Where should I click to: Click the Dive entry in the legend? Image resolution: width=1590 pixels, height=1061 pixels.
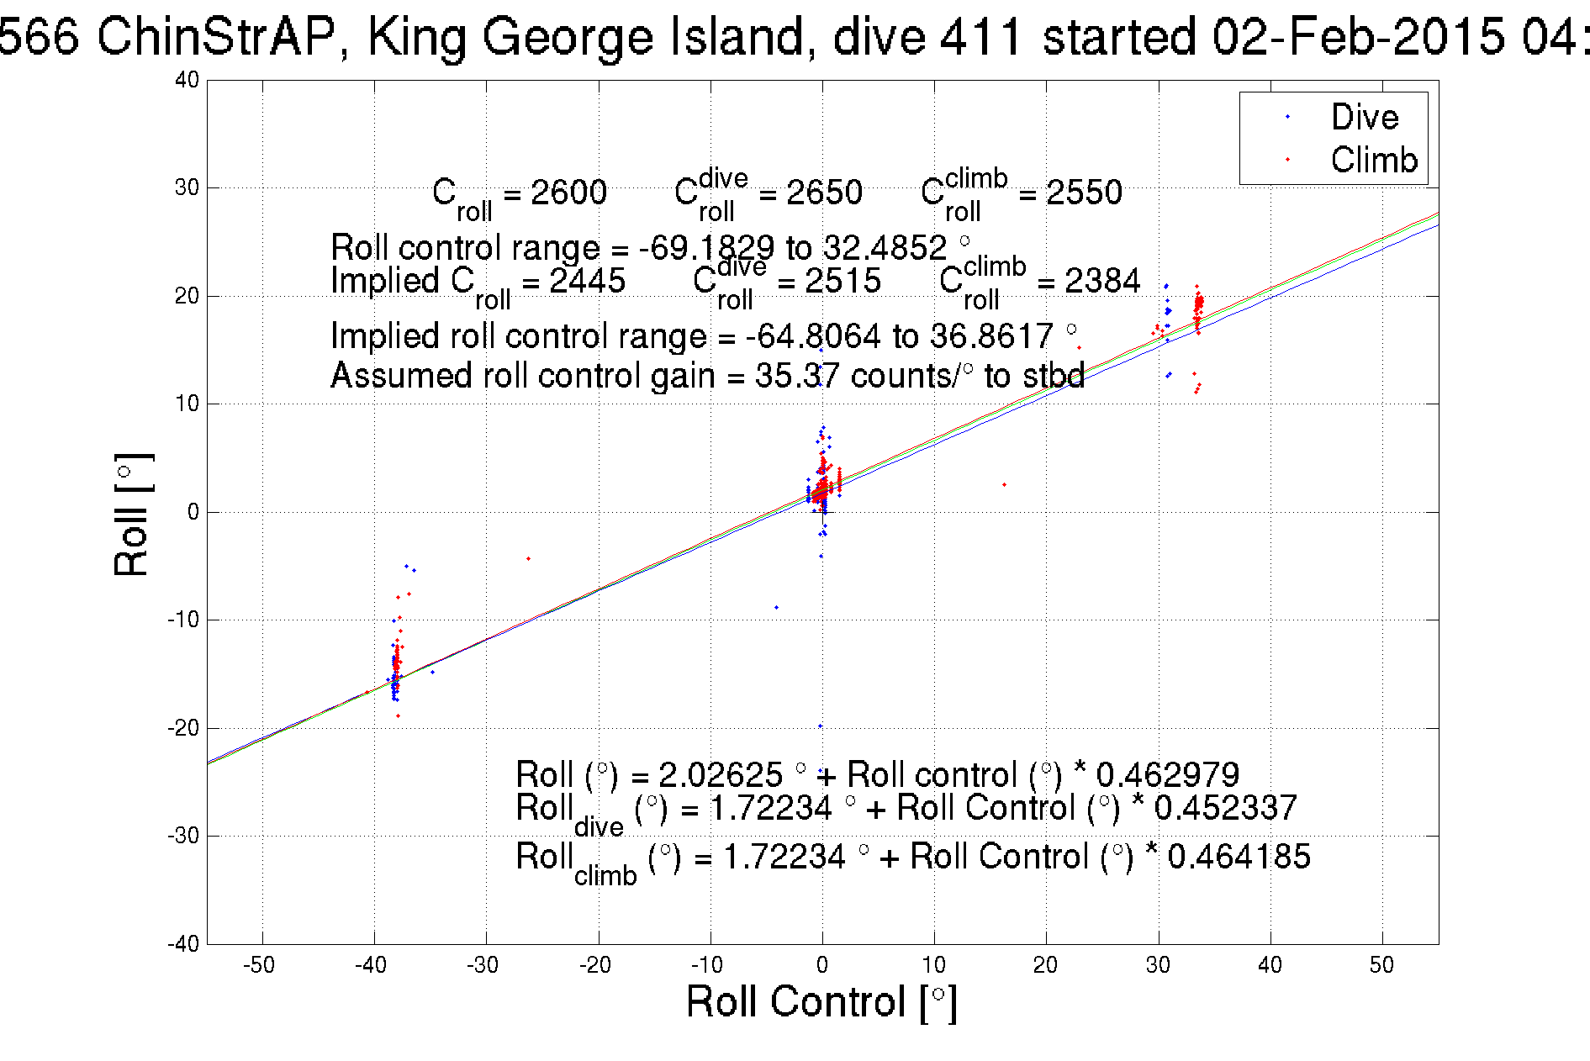tap(1364, 117)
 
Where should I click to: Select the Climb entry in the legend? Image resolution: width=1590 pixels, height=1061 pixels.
tap(1373, 160)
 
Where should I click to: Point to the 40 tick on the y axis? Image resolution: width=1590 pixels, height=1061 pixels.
tap(187, 80)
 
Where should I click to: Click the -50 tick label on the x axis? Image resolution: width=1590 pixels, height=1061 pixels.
tap(259, 965)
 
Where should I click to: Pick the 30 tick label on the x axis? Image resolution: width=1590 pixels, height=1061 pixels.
tap(1158, 965)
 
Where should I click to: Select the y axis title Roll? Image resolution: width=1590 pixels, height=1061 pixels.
tap(132, 515)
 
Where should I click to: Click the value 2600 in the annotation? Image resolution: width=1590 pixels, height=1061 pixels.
tap(568, 193)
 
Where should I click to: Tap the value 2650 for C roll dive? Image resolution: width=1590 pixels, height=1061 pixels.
tap(824, 193)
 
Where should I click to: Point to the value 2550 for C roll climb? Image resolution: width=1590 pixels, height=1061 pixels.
tap(1084, 193)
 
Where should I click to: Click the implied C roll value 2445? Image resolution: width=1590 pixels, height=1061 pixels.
tap(587, 281)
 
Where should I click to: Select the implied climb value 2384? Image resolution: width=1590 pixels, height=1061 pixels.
tap(1102, 281)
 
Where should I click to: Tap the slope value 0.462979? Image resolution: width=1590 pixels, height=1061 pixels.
tap(1167, 774)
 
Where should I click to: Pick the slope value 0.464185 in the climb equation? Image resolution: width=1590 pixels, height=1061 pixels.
tap(1239, 857)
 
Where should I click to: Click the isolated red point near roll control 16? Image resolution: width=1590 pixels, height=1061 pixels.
tap(1004, 485)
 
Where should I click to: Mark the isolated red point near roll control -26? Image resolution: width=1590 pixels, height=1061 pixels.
tap(528, 559)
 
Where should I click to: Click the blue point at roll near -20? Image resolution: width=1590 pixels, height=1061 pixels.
tap(821, 726)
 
